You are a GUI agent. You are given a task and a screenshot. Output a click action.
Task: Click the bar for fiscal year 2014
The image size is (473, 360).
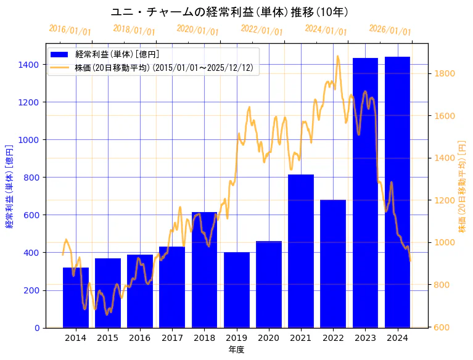76,298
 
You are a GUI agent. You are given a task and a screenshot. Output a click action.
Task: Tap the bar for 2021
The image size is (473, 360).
301,251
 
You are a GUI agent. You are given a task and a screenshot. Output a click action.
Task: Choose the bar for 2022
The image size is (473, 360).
333,264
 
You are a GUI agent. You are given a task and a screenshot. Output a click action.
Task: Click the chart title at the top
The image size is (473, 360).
229,12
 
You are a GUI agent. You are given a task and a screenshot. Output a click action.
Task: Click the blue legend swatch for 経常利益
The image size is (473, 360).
61,54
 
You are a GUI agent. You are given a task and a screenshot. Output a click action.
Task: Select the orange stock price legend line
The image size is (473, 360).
61,67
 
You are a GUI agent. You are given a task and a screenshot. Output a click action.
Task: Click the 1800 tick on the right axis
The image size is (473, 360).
445,73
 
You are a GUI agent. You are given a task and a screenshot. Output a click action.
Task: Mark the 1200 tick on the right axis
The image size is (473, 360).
445,200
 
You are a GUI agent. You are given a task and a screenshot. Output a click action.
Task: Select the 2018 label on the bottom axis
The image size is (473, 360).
204,338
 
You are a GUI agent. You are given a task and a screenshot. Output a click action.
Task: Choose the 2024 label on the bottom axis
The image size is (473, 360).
397,338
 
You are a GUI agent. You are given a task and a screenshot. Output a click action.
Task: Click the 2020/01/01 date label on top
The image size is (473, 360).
197,30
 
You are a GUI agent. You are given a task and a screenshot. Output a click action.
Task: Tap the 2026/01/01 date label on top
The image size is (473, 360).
390,30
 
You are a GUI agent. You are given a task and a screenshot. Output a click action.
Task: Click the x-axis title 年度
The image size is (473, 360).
236,350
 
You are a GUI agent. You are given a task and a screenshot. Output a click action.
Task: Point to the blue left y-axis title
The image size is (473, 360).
9,186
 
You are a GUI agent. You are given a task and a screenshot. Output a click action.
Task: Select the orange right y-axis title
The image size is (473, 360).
463,186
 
